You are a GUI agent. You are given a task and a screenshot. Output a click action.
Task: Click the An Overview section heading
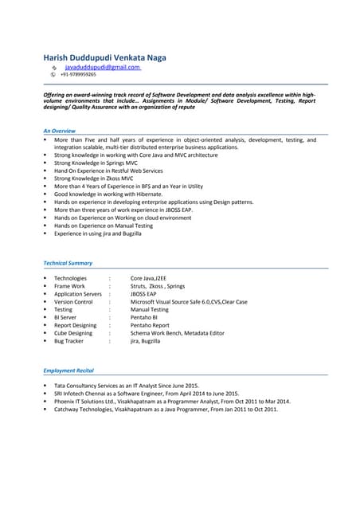pyautogui.click(x=60, y=130)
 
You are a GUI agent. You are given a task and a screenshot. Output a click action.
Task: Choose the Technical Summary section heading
pyautogui.click(x=68, y=263)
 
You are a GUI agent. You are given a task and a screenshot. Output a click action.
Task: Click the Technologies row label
pyautogui.click(x=70, y=278)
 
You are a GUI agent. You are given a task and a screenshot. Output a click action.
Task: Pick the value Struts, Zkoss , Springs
pyautogui.click(x=158, y=286)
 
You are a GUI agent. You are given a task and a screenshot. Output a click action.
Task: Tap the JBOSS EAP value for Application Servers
pyautogui.click(x=144, y=294)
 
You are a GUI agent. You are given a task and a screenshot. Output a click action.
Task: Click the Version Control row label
pyautogui.click(x=73, y=302)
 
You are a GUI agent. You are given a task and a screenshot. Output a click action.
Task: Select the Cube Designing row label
pyautogui.click(x=73, y=333)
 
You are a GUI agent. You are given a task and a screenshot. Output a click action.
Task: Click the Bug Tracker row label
pyautogui.click(x=68, y=341)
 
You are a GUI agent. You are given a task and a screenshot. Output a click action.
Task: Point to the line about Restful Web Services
pyautogui.click(x=108, y=171)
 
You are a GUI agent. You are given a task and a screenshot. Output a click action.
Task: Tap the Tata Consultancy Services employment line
pyautogui.click(x=126, y=385)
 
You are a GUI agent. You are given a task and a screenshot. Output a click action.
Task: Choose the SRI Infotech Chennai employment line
pyautogui.click(x=146, y=393)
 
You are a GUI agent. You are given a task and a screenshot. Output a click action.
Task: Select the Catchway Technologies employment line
pyautogui.click(x=166, y=409)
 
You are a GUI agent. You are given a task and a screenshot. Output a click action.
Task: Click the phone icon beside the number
pyautogui.click(x=53, y=75)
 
